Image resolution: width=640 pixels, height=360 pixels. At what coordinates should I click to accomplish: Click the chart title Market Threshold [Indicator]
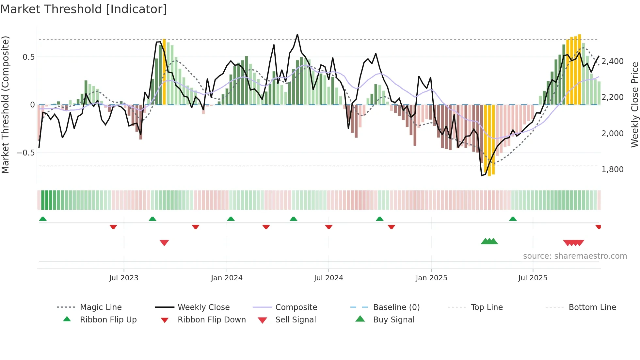pos(84,9)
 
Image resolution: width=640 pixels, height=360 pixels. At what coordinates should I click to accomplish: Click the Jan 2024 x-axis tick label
pos(227,278)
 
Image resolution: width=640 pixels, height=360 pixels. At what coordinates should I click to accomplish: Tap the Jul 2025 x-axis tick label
pos(533,278)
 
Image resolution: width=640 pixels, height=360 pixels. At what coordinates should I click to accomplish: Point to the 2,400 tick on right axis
pos(612,61)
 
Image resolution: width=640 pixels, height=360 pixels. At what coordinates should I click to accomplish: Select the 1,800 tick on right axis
pos(612,169)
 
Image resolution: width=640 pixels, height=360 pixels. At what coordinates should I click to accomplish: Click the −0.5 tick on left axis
pos(25,153)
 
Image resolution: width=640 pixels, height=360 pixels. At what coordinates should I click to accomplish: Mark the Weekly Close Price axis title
pos(634,105)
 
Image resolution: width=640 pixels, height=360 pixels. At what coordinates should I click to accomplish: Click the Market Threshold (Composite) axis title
pos(5,105)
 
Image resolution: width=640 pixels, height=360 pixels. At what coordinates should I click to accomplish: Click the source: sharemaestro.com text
pos(575,256)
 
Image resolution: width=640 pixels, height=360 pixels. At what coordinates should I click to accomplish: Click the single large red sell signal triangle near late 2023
pos(164,243)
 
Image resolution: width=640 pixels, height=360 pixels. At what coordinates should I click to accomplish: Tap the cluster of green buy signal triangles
pos(489,241)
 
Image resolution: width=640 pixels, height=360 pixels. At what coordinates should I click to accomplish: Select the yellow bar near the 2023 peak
pos(164,72)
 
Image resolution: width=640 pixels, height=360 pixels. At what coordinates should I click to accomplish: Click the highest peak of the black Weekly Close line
pos(297,34)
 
